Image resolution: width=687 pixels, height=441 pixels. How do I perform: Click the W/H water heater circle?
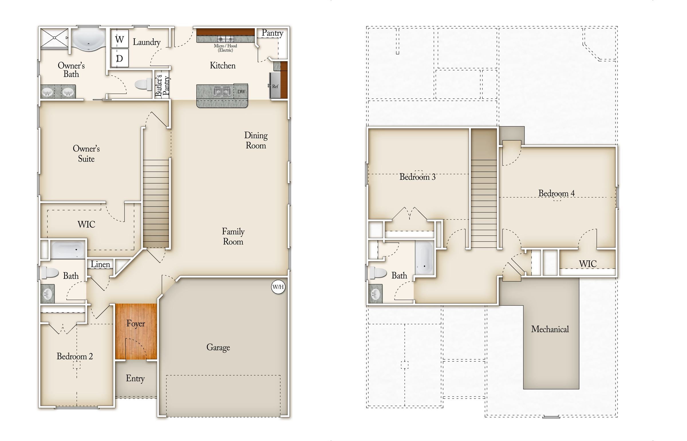278,287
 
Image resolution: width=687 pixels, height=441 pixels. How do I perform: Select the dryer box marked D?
119,58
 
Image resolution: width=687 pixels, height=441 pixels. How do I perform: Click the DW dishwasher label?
241,92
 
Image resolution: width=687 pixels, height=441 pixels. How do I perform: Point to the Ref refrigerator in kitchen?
275,86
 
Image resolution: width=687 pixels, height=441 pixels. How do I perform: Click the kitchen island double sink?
222,92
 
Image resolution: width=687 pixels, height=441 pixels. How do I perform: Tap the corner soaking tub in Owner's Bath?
89,40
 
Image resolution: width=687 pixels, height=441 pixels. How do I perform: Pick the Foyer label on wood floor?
136,324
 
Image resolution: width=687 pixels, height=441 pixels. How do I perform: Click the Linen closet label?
100,264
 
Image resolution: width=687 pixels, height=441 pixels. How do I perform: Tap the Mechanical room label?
550,329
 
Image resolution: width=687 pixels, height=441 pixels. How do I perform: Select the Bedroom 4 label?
556,193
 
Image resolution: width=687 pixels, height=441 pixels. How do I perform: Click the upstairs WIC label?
588,264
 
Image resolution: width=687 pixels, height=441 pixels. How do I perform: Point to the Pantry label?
273,33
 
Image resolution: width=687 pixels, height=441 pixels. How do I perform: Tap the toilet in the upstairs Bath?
378,273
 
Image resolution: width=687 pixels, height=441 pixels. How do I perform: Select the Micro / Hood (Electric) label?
225,48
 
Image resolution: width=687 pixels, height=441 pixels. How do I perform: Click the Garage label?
218,347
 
